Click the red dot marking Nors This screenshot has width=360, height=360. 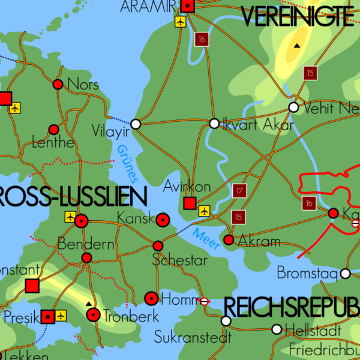pos(58,85)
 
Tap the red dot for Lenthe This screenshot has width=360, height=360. pos(53,129)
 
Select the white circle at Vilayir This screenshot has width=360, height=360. pos(136,124)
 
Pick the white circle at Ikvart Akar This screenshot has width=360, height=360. pos(214,124)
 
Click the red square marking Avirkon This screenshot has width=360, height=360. pos(190,203)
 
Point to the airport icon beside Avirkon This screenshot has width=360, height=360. pos(205,211)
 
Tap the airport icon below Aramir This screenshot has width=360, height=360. pos(180,22)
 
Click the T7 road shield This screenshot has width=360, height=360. pos(239,191)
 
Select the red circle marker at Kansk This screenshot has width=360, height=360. pos(162,220)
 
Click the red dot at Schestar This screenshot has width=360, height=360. pos(158,246)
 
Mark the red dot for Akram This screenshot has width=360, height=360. pos(228,240)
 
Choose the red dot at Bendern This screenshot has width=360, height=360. pos(86,258)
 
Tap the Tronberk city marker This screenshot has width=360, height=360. pos(93,314)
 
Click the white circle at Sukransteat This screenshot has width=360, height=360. pos(226,321)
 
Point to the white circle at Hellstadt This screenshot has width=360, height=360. pos(277,329)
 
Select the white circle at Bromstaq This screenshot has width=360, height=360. pos(345,274)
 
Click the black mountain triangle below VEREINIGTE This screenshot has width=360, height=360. pos(296,46)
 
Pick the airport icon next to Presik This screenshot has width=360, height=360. pos(61,315)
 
